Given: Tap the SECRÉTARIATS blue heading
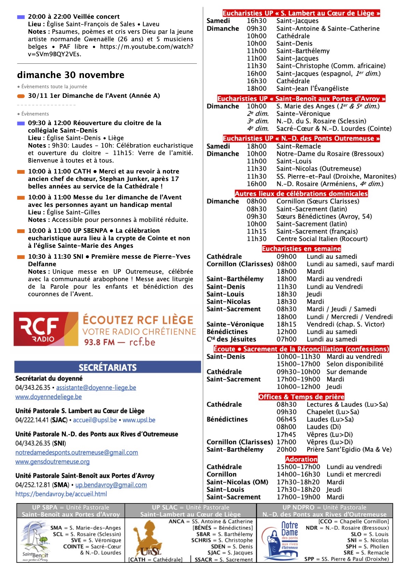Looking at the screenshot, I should (x=107, y=367).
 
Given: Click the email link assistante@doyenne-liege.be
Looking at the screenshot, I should (x=96, y=388).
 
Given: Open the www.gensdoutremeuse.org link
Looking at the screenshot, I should (x=52, y=462).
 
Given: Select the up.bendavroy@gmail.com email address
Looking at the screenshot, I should (x=111, y=485).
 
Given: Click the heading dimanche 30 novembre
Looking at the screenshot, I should (x=71, y=75).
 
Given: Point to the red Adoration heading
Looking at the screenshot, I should (x=301, y=459).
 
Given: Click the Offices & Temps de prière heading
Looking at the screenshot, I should (x=301, y=397).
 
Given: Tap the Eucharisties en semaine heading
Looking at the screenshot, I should (x=301, y=249).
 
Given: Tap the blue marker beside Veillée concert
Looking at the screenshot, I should (x=21, y=17).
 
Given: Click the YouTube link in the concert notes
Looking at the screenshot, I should (x=147, y=47).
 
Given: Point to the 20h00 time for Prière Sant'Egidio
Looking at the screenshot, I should (x=286, y=449).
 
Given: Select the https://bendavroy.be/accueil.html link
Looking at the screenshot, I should (x=61, y=494).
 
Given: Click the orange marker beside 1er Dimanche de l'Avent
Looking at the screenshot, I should (x=21, y=96).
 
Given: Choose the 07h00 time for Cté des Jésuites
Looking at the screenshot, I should (x=286, y=339).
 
